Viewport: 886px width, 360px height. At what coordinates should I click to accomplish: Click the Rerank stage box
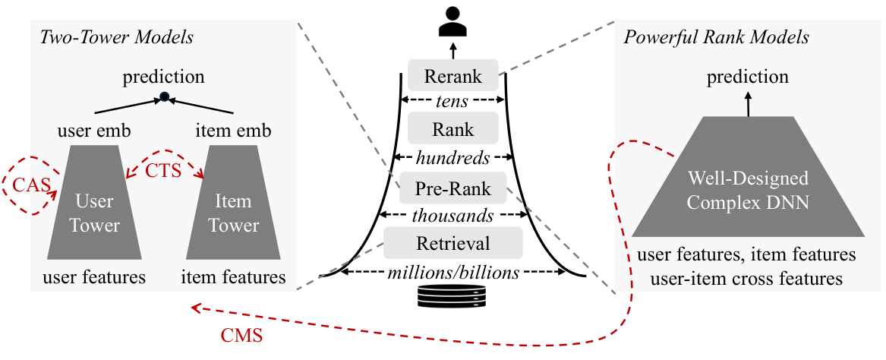452,74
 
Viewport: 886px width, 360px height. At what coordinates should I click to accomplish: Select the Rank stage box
452,128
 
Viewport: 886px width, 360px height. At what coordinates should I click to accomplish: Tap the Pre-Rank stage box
452,188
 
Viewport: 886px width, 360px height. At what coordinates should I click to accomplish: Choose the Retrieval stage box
452,242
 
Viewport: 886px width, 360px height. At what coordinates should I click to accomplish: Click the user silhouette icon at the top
452,22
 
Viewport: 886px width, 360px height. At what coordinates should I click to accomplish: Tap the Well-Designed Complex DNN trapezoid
748,176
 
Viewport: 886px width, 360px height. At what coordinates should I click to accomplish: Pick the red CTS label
163,170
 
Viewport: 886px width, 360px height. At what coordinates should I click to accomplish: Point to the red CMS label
241,336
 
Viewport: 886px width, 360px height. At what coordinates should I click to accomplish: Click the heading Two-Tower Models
117,38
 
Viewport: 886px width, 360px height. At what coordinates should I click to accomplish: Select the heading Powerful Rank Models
716,38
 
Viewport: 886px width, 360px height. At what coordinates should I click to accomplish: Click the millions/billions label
454,273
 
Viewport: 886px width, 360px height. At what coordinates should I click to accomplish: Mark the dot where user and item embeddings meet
165,97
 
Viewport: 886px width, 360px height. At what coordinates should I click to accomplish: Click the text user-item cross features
747,279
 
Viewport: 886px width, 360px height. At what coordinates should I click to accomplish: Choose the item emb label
233,131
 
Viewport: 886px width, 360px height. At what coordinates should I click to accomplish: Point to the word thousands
453,216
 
